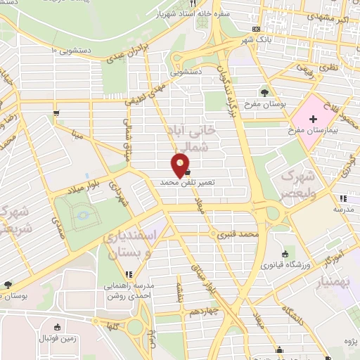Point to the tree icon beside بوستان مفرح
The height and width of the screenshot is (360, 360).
[x=264, y=92]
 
